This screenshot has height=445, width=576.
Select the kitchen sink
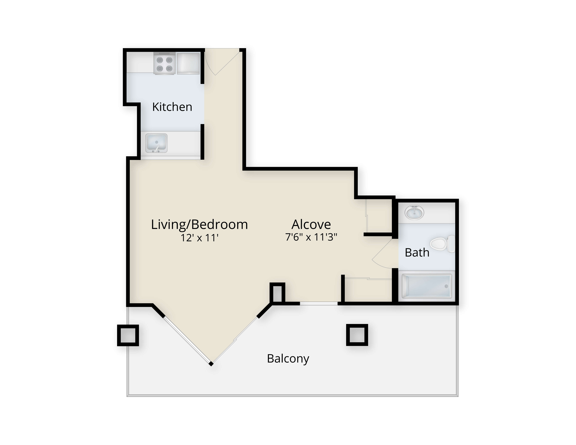click(156, 143)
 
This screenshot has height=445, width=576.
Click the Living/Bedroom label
click(199, 225)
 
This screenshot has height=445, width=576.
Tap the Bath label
click(417, 253)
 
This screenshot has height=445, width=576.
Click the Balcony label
click(288, 359)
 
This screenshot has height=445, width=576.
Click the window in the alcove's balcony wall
click(319, 304)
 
